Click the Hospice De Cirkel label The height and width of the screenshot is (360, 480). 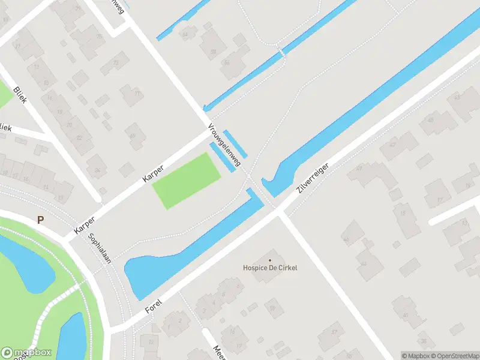[x=270, y=268]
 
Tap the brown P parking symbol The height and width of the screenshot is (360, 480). [x=40, y=220]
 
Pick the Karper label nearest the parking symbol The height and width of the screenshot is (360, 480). [x=85, y=221]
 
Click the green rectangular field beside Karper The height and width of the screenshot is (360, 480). [x=187, y=180]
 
